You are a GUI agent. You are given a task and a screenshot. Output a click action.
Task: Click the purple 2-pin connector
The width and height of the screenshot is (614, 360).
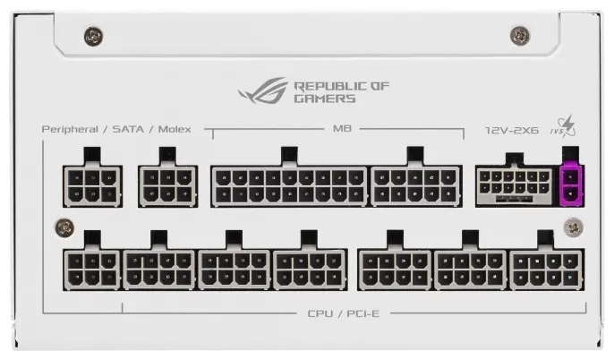[x=572, y=185]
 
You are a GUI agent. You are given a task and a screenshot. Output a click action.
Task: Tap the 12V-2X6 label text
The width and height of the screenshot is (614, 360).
[x=512, y=130]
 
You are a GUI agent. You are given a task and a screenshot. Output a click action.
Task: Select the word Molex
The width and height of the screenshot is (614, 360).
[x=175, y=129]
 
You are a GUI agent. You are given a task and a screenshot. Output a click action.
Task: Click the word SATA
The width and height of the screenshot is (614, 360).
[x=128, y=129]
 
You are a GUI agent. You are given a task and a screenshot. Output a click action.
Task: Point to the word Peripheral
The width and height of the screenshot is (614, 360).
[x=70, y=130]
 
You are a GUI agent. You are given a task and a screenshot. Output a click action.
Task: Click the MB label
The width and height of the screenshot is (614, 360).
[x=342, y=128]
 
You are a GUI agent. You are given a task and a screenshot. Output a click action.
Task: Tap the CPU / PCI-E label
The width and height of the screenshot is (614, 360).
[x=344, y=313]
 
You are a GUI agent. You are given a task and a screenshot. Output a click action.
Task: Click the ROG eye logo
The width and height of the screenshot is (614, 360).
[x=263, y=90]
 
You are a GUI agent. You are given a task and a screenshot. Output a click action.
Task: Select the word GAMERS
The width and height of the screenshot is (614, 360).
[x=325, y=99]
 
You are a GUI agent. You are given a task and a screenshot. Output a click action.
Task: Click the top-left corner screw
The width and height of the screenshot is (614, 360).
[x=94, y=37]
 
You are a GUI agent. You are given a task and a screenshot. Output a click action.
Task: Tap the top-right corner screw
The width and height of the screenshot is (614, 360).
[x=520, y=35]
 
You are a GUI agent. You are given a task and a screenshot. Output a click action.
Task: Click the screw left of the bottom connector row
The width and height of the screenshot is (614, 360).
[x=64, y=227]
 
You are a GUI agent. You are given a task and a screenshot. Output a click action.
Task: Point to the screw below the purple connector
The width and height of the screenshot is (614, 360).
[x=573, y=227]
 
